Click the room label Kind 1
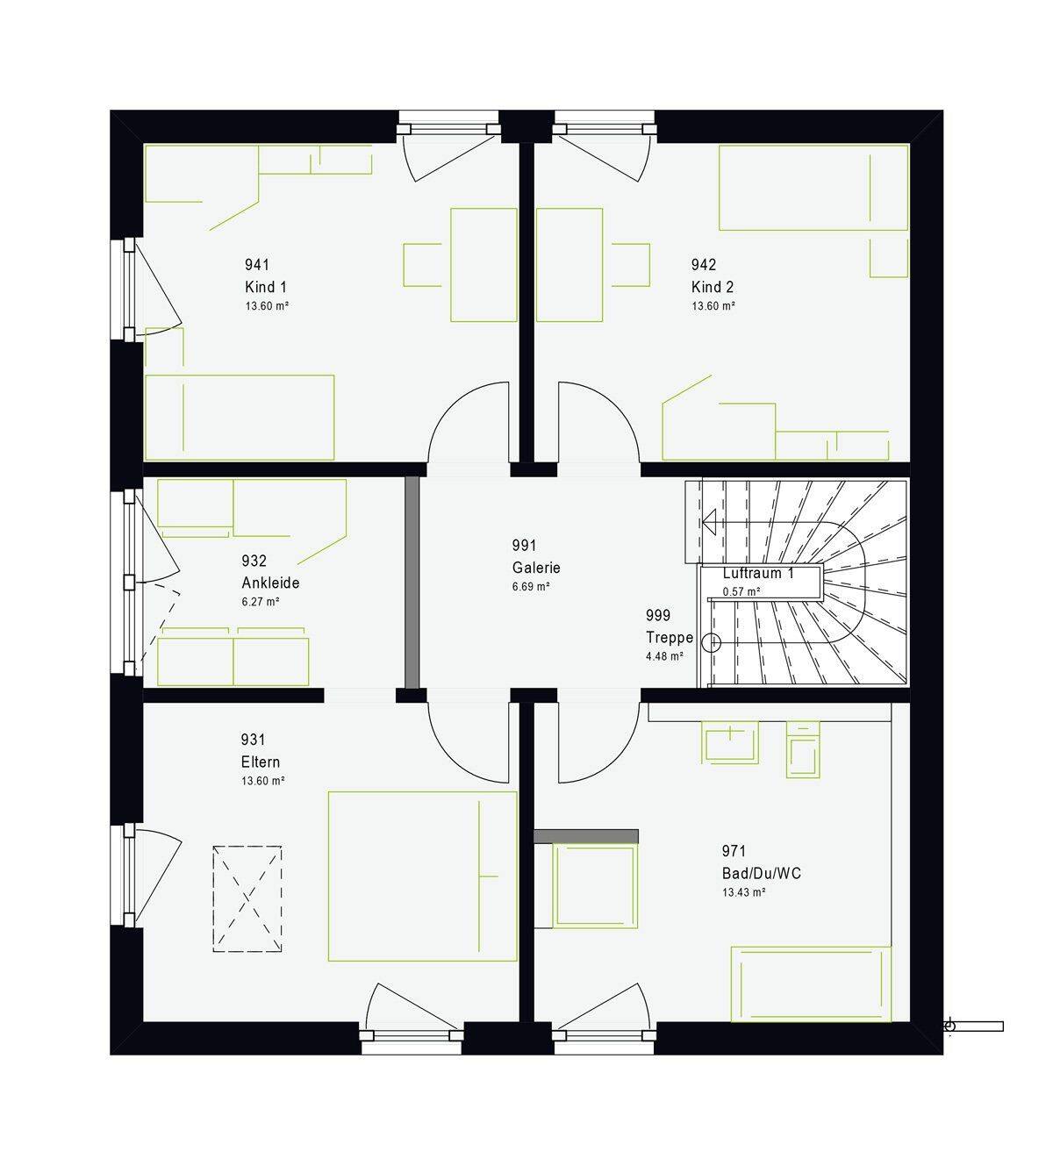pos(265,287)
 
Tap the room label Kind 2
pos(712,287)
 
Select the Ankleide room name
pos(270,583)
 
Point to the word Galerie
pos(536,568)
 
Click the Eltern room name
pos(261,762)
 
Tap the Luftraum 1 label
pos(758,573)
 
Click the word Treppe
pos(670,638)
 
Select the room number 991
pos(524,545)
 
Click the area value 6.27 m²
pos(261,602)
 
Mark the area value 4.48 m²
pos(664,656)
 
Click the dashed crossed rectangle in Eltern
pos(247,898)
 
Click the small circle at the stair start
pos(712,643)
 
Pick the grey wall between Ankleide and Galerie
pos(412,583)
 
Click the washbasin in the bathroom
pos(730,741)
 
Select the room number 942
pos(704,264)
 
